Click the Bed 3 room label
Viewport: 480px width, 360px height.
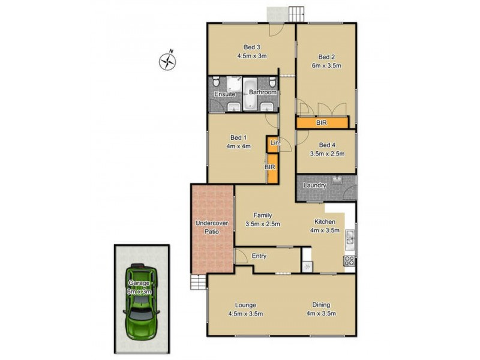point(251,47)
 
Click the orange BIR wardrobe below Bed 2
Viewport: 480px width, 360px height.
point(322,122)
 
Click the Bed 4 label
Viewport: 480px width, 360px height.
point(327,145)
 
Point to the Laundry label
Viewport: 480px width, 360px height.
point(314,185)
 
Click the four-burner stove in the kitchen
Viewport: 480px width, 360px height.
point(349,261)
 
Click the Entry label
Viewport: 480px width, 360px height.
point(259,256)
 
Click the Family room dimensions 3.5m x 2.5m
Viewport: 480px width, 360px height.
point(262,224)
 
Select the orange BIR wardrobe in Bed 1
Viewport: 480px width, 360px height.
point(271,169)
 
